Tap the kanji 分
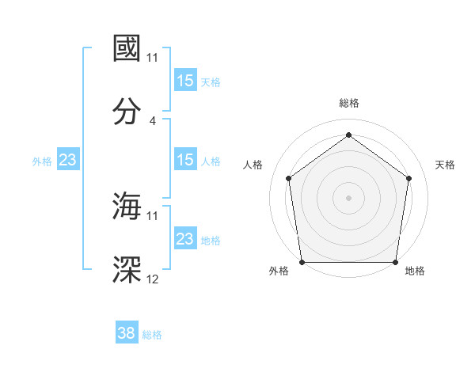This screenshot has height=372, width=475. [x=127, y=112]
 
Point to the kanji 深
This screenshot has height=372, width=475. [x=127, y=269]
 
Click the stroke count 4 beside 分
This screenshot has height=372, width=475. [x=153, y=121]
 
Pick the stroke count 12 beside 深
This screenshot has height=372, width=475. [x=153, y=279]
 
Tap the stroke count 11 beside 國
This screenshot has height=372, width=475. [x=153, y=58]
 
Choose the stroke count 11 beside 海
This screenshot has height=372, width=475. [x=153, y=215]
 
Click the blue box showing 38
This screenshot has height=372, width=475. [x=127, y=333]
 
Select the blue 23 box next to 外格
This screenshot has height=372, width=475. [x=68, y=160]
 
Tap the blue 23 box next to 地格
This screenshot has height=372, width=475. [x=185, y=239]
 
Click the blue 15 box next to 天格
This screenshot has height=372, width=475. [x=185, y=81]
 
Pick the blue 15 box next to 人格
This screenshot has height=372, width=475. [x=185, y=160]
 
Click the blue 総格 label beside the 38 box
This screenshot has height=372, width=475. [x=152, y=335]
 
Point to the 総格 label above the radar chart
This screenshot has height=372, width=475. [x=348, y=103]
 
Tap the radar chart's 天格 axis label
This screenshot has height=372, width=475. [x=445, y=165]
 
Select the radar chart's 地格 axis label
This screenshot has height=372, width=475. [x=415, y=271]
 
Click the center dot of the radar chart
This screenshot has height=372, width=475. [x=348, y=197]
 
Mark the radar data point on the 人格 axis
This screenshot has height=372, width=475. [x=288, y=178]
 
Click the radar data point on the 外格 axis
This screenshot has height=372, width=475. [x=302, y=262]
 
